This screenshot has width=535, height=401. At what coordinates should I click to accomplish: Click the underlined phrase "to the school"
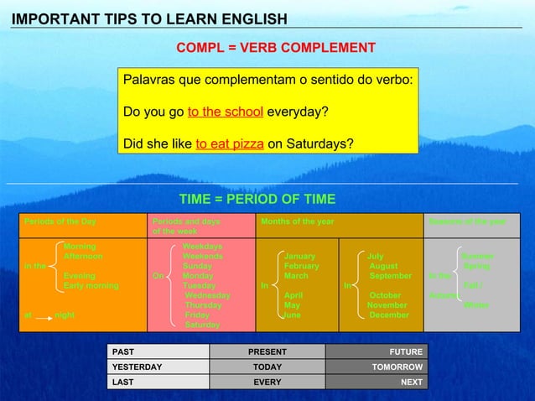[x=225, y=112]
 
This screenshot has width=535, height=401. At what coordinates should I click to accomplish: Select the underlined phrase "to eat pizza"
[x=230, y=144]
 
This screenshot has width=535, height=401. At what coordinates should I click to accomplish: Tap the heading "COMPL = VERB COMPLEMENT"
[x=275, y=48]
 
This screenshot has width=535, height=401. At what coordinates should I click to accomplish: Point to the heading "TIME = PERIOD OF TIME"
[x=257, y=199]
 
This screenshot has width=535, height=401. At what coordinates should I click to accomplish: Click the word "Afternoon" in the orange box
[x=83, y=257]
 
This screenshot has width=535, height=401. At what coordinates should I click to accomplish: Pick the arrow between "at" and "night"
[x=43, y=317]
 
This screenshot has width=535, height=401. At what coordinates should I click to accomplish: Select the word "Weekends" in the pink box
[x=203, y=257]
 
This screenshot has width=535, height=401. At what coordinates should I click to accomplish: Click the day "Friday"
[x=197, y=315]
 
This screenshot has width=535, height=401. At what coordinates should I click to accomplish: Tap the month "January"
[x=299, y=257]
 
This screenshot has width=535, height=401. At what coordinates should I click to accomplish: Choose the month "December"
[x=389, y=315]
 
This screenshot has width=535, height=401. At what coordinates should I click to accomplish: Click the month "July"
[x=376, y=257]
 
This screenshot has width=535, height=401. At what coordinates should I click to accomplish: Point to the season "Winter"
[x=476, y=305]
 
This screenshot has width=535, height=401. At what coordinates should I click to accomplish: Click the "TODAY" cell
[x=267, y=367]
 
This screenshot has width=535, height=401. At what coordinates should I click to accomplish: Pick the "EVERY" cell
[x=267, y=382]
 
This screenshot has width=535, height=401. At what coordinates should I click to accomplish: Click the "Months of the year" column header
[x=298, y=221]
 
